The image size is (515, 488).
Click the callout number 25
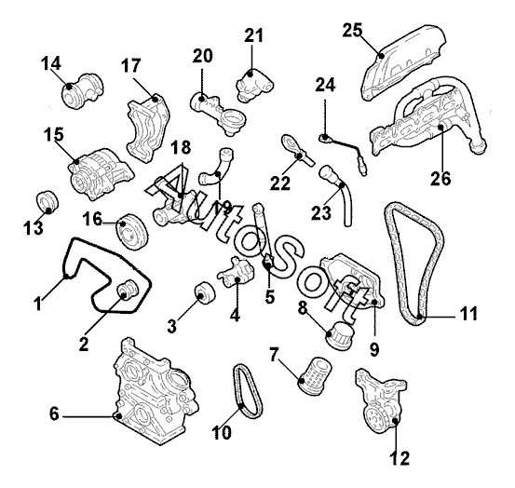[352, 30]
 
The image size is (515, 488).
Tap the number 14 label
[51, 63]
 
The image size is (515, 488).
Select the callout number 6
[54, 413]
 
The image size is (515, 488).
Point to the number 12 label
[400, 458]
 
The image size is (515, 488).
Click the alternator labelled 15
[101, 173]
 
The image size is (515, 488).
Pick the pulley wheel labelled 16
[132, 232]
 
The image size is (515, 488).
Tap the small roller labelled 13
[47, 202]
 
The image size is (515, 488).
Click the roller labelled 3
[204, 293]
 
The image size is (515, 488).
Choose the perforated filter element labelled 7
[315, 375]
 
